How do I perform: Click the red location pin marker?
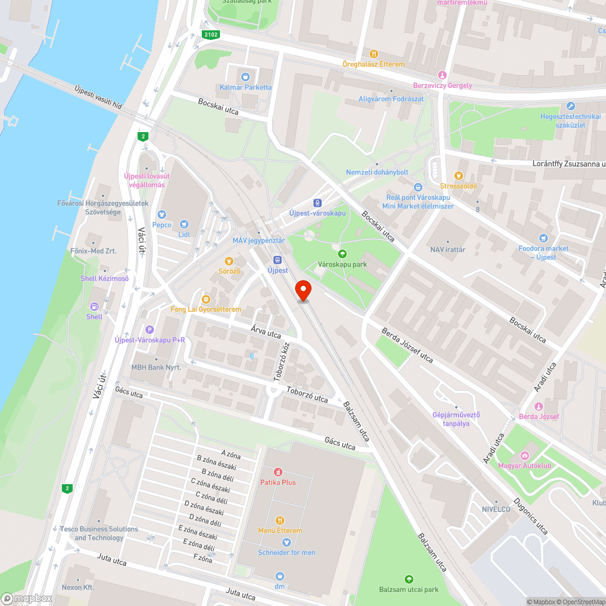[x=302, y=290]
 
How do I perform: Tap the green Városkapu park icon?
[x=342, y=254]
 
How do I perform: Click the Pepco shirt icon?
[x=161, y=215]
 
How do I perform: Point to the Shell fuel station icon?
[x=94, y=307]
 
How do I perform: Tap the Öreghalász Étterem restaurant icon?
[x=373, y=54]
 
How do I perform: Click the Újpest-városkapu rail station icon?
[x=317, y=203]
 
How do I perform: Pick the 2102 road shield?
[x=210, y=35]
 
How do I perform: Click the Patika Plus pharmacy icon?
[x=278, y=471]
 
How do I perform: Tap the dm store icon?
[x=279, y=576]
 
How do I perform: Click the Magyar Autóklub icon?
[x=525, y=455]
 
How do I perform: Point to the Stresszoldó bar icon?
[x=459, y=176]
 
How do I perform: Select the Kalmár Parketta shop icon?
[x=245, y=77]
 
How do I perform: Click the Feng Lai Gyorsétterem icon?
[x=206, y=299]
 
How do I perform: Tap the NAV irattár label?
[x=447, y=249]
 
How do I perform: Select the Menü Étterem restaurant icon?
[x=279, y=520]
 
